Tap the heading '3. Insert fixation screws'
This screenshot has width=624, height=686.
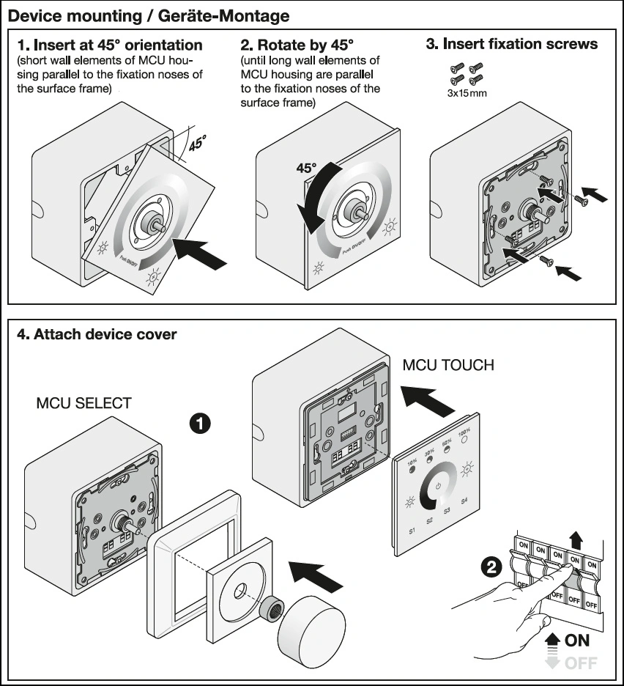point(511,44)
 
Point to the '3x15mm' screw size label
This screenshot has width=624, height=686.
point(467,93)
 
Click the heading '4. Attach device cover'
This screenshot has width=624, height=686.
point(97,335)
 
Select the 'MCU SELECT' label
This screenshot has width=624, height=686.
point(84,403)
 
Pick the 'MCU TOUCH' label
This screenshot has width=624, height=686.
point(448,364)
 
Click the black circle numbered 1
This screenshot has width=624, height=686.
point(201,423)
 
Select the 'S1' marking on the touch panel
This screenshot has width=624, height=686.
point(412,530)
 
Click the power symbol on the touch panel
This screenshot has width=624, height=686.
point(438,485)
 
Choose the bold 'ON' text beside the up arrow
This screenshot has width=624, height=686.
point(576,641)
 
